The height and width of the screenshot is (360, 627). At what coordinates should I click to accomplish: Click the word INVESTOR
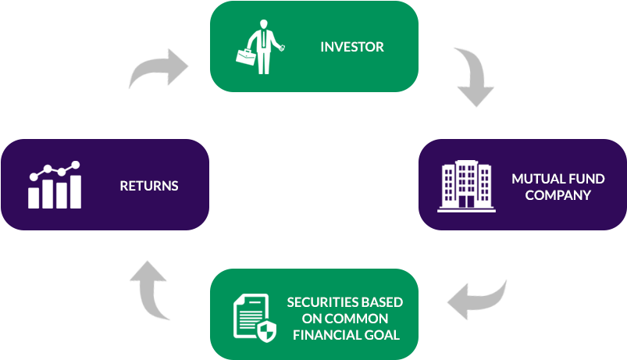351,47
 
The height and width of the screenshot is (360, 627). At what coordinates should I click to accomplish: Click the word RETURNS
148,186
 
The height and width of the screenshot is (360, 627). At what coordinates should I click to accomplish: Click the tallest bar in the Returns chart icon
76,191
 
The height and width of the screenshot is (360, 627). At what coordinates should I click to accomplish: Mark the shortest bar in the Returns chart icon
34,198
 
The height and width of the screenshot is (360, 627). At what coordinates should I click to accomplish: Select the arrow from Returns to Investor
159,71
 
